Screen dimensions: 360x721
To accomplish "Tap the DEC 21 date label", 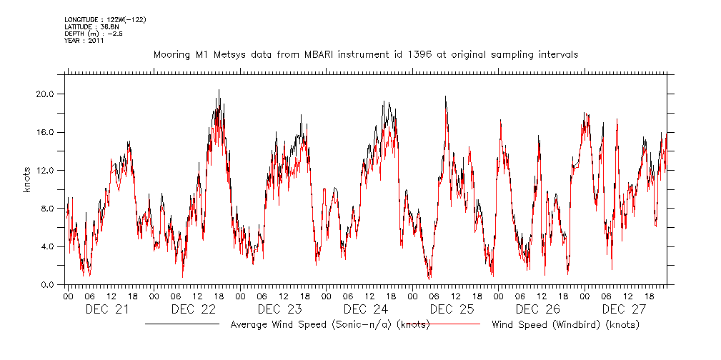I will (107, 309).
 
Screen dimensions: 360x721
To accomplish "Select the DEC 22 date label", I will (194, 309).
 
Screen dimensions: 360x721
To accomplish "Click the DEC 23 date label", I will (279, 309).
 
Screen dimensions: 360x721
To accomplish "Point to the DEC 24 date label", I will (365, 309).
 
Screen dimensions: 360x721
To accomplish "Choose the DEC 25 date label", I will (452, 309).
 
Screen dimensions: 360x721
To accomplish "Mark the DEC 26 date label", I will (537, 309).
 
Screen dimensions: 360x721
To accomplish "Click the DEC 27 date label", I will (623, 309).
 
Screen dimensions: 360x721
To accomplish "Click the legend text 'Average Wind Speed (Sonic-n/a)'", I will (312, 325).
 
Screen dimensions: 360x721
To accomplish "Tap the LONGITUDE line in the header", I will (105, 19).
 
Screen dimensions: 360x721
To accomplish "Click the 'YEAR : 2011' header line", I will (84, 41).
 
